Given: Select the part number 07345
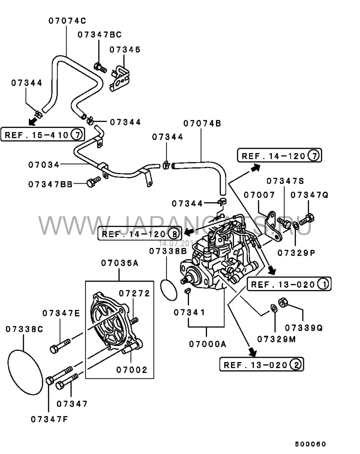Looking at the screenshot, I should tap(126, 50).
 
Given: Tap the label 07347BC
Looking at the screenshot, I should tap(99, 34).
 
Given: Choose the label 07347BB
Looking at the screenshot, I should tap(50, 184).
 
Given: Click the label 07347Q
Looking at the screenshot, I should tap(310, 195).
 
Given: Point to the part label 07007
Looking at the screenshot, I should tap(259, 195).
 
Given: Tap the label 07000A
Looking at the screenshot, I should tap(207, 344).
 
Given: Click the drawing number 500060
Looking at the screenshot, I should tap(310, 443).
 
